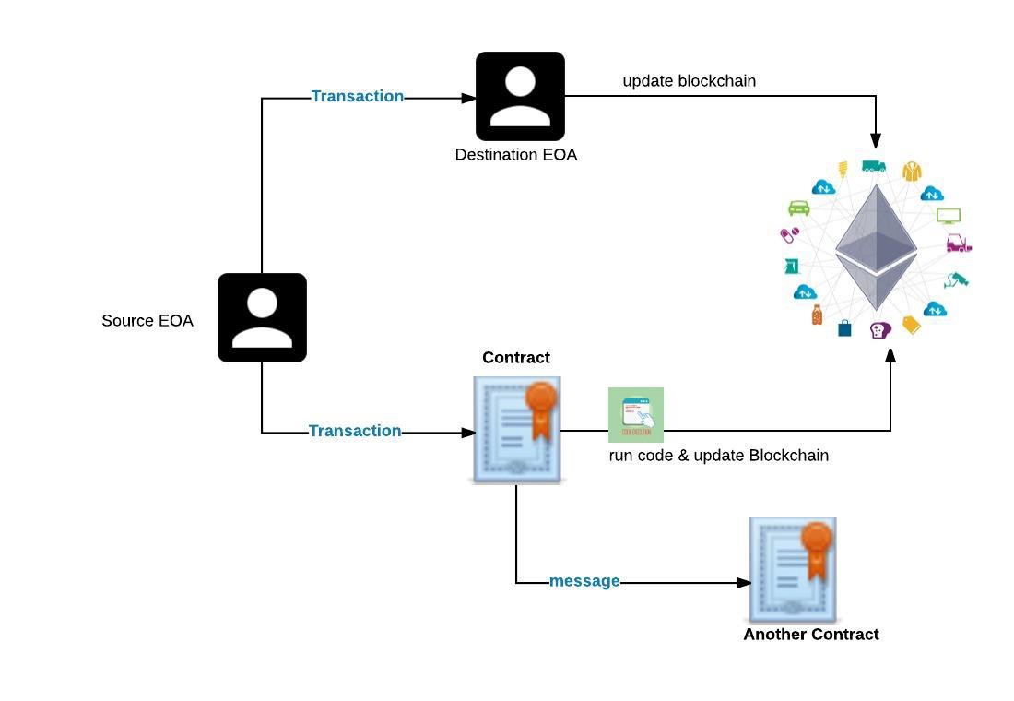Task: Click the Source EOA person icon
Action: coord(262,317)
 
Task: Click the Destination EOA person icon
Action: coord(520,96)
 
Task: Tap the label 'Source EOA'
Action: coord(147,321)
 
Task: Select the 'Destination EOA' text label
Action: coord(516,155)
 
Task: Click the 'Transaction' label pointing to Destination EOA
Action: coord(358,96)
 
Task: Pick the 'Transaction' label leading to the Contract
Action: coord(355,431)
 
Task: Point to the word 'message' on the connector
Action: coord(584,581)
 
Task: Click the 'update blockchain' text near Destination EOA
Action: coord(690,81)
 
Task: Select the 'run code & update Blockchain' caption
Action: coord(719,456)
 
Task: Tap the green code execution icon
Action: coord(636,415)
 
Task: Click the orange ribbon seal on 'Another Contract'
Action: coord(816,544)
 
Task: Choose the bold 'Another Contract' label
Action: coord(811,635)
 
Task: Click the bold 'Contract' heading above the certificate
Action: coord(516,358)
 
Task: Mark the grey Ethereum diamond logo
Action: coord(876,247)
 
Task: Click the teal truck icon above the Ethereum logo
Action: coord(874,167)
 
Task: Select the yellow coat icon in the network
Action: coord(912,172)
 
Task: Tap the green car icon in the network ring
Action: coord(799,208)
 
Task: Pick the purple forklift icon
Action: coord(959,244)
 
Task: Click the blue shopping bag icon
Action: coord(844,328)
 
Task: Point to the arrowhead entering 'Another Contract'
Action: coord(746,582)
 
